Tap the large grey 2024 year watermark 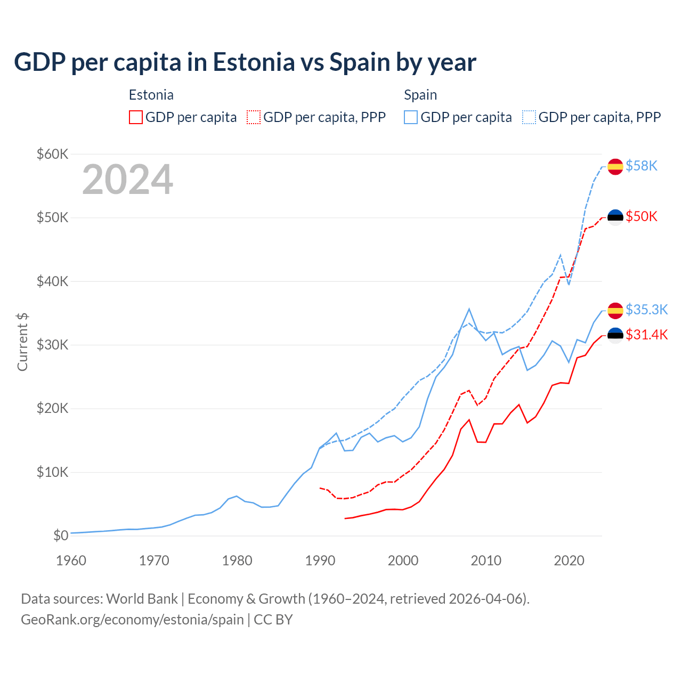point(127,180)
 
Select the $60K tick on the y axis point(52,154)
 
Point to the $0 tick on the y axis point(61,535)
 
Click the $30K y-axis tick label point(52,345)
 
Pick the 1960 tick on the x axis point(71,561)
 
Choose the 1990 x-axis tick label point(320,561)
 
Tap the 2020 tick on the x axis point(569,561)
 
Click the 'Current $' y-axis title point(22,342)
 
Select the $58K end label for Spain point(642,166)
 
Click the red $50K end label point(642,216)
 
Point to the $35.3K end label point(646,310)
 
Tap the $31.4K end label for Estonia point(646,335)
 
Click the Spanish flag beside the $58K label point(615,166)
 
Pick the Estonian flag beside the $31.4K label point(615,335)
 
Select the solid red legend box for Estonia point(136,117)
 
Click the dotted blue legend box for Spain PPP point(529,117)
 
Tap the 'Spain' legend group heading point(420,95)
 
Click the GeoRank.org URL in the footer point(132,620)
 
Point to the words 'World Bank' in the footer point(142,599)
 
